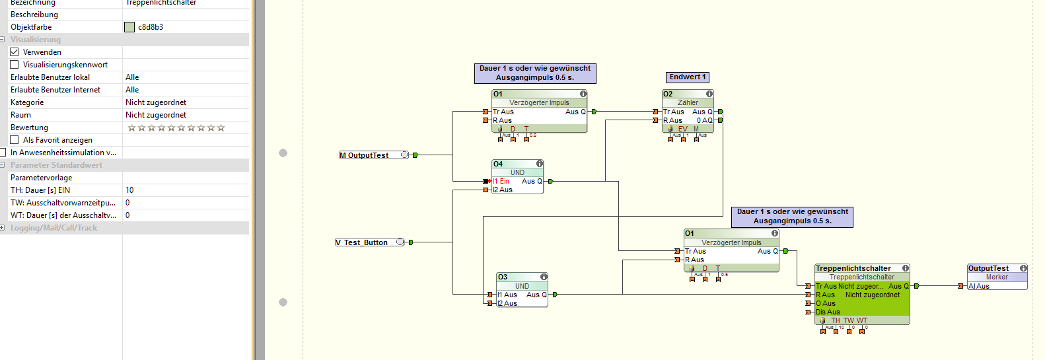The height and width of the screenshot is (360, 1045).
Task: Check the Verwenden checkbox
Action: click(15, 52)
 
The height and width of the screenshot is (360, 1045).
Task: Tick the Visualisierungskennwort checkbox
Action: click(15, 65)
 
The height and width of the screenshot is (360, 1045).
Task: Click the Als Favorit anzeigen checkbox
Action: click(15, 140)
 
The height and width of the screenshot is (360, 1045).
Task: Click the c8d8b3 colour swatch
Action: click(129, 27)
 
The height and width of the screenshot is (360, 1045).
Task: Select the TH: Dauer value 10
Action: click(130, 190)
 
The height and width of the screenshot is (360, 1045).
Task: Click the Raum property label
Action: click(21, 115)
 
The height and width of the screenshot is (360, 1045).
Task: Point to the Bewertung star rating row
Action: click(176, 127)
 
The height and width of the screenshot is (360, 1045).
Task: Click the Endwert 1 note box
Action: click(687, 77)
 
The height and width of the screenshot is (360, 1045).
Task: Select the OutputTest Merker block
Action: click(997, 277)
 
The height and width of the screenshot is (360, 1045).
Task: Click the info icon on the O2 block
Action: click(709, 94)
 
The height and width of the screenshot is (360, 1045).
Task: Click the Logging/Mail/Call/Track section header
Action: click(54, 228)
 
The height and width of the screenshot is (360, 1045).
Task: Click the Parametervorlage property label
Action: click(42, 178)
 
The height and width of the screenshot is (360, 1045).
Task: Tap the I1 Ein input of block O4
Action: click(501, 181)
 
